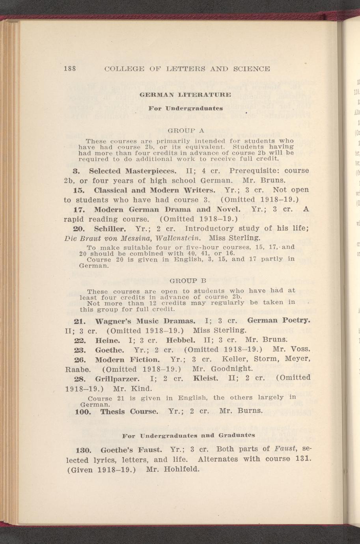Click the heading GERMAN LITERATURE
pyautogui.click(x=185, y=95)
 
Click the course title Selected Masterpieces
pyautogui.click(x=132, y=171)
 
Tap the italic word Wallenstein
pyautogui.click(x=179, y=238)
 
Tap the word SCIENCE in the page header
pyautogui.click(x=251, y=69)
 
